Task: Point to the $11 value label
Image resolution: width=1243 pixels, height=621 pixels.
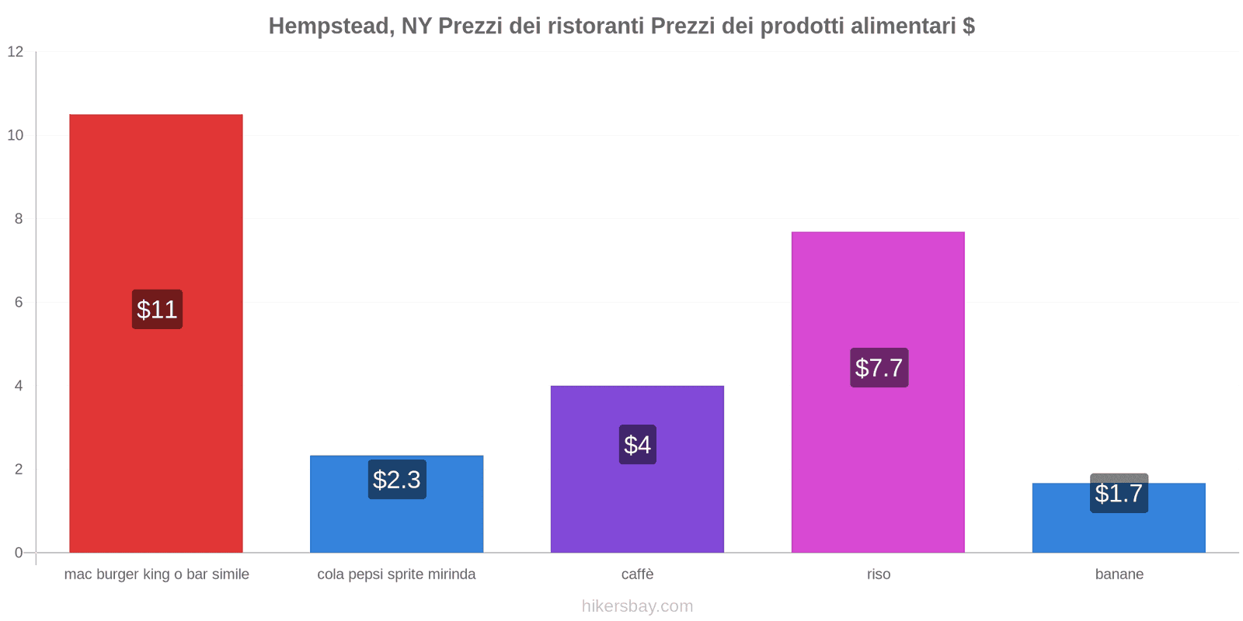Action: click(x=157, y=310)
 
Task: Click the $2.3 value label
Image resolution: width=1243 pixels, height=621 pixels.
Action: click(x=397, y=480)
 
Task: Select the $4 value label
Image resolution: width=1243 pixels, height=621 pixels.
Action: click(x=637, y=445)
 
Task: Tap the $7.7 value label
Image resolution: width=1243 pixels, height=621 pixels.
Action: click(x=879, y=368)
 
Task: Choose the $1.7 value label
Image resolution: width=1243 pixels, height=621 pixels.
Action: click(x=1119, y=494)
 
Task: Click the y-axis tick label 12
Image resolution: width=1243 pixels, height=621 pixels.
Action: click(x=16, y=52)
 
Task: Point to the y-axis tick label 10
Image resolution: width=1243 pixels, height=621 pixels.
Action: click(x=16, y=135)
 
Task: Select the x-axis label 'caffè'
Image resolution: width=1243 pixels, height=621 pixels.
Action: click(x=637, y=574)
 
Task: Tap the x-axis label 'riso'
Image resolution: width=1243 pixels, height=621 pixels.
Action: click(x=879, y=574)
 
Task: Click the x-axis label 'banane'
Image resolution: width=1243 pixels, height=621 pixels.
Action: click(x=1119, y=574)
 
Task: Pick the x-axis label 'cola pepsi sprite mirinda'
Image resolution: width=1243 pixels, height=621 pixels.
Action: click(x=396, y=574)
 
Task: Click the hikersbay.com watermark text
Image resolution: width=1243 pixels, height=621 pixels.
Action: click(x=637, y=606)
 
